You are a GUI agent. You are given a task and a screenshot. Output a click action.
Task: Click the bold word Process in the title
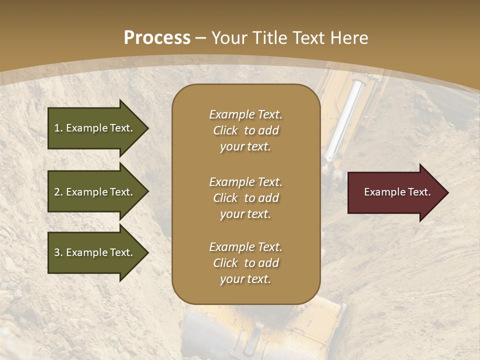click(157, 37)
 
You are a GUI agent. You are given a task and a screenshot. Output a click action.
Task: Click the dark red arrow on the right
click(395, 192)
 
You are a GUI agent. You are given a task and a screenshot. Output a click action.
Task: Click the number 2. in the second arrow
click(58, 192)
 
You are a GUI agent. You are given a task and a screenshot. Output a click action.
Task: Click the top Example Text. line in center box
click(245, 114)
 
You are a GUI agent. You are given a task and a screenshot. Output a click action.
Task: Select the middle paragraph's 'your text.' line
click(245, 214)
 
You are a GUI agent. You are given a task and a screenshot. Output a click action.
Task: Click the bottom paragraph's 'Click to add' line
click(245, 263)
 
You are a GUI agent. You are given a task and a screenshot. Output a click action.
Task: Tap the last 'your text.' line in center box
click(245, 279)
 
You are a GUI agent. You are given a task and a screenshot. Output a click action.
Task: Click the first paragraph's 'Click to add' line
click(245, 130)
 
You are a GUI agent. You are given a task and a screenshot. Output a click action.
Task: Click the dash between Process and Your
click(201, 38)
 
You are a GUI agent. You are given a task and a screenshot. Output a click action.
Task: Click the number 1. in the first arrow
click(58, 128)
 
